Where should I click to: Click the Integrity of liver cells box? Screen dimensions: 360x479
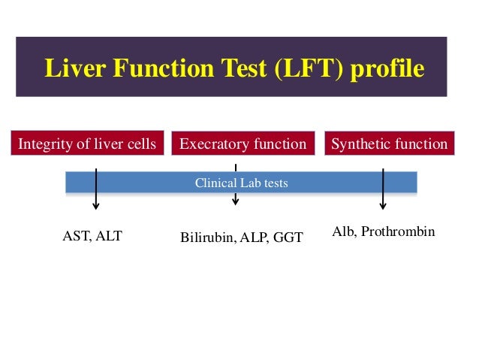[87, 144]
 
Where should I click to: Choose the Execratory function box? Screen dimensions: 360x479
[243, 144]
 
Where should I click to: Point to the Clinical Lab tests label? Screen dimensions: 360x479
[241, 183]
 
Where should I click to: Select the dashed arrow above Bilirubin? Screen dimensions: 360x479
[236, 184]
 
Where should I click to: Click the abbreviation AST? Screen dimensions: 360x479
[74, 237]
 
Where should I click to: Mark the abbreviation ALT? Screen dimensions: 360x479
[109, 237]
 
